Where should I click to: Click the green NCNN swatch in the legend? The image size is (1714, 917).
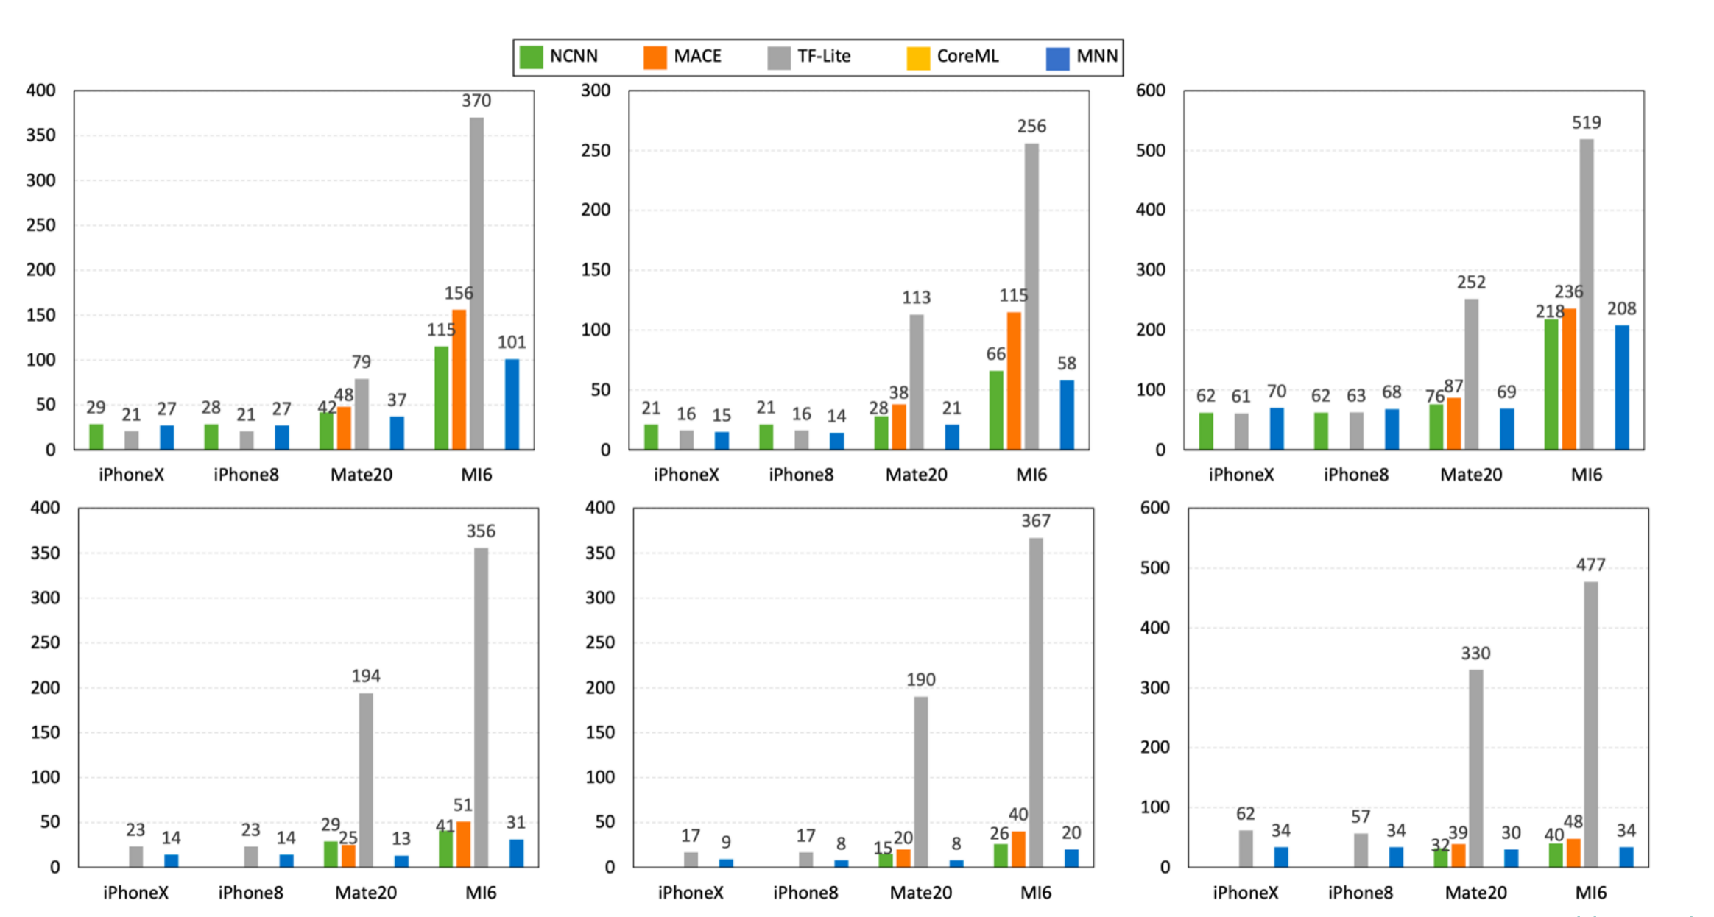pos(531,57)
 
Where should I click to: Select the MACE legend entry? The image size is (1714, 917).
pos(696,57)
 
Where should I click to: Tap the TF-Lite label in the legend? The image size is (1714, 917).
pos(823,57)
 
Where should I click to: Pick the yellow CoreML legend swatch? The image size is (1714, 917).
pos(918,57)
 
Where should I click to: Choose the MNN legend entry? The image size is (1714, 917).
pos(1096,57)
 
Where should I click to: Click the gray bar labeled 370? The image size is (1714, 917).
pos(477,283)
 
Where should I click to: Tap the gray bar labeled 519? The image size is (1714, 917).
pos(1587,294)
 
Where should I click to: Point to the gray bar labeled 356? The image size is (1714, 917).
pos(482,707)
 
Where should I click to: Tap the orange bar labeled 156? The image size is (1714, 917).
pos(459,379)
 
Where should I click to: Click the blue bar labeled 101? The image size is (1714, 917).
pos(512,404)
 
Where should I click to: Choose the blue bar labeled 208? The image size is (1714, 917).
pos(1622,387)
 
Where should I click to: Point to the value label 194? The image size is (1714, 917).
pos(366,676)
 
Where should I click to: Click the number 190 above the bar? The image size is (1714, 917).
pos(920,679)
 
